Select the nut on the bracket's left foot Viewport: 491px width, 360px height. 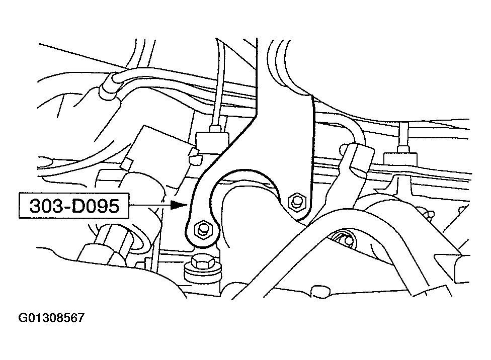[203, 229]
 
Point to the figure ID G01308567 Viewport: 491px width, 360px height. [52, 319]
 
